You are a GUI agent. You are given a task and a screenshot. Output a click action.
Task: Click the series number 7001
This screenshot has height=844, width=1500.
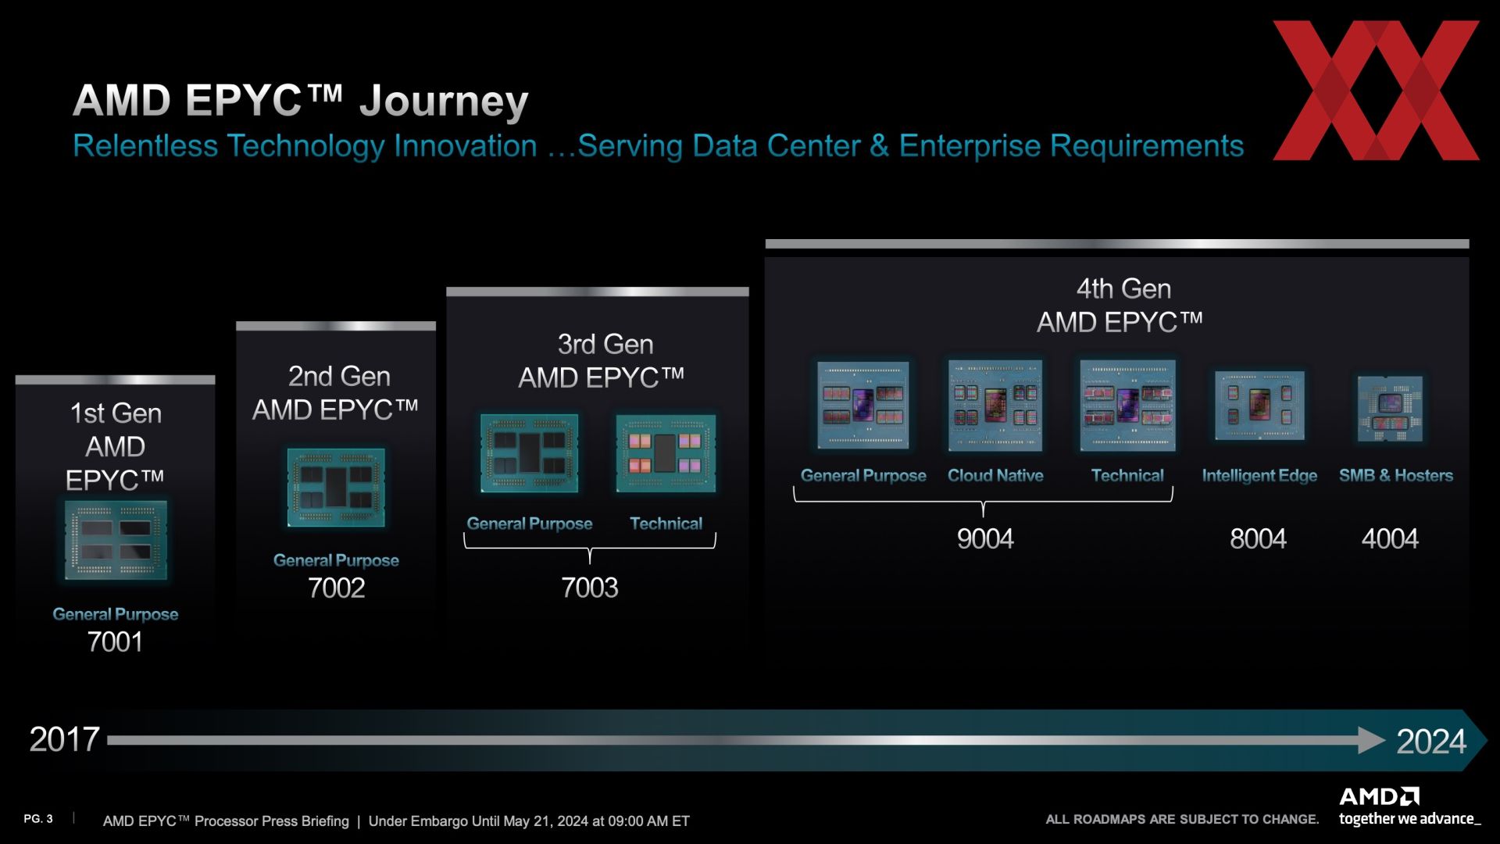tap(115, 642)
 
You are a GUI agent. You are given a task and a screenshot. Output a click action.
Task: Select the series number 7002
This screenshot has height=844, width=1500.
tap(337, 588)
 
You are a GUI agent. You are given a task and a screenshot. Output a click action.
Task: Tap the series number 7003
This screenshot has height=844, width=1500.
tap(590, 588)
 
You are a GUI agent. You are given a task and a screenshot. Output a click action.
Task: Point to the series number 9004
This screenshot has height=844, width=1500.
tap(985, 538)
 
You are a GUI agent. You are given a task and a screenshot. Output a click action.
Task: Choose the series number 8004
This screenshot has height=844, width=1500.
tap(1258, 538)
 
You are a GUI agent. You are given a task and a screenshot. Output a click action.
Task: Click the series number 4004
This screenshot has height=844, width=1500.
tap(1390, 538)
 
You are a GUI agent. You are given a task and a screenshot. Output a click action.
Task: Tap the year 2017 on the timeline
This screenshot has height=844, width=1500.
tap(64, 739)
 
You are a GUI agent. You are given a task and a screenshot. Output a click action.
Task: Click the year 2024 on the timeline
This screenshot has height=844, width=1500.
tap(1431, 741)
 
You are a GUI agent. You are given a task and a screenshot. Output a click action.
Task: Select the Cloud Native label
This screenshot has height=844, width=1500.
tap(995, 475)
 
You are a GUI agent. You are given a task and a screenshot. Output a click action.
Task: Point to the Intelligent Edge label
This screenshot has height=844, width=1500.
tap(1259, 475)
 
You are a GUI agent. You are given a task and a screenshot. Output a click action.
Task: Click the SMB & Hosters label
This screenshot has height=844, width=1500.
tap(1396, 475)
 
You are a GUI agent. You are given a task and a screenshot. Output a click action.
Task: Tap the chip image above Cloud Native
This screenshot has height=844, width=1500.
tap(995, 406)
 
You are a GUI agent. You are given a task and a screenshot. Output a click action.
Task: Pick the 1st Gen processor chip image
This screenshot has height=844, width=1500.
tap(116, 541)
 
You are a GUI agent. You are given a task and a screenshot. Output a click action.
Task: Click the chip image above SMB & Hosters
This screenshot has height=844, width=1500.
tap(1390, 409)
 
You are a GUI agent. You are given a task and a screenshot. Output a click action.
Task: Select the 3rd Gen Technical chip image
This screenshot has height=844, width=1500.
tap(666, 453)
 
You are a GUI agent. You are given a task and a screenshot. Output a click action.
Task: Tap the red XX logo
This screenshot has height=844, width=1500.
tap(1377, 91)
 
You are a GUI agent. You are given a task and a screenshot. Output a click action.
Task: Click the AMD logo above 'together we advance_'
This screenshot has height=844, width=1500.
tap(1380, 797)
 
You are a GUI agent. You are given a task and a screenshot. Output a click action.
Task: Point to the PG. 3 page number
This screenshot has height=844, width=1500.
tap(38, 819)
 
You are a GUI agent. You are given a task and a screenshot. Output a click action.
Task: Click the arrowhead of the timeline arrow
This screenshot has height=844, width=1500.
tap(1372, 740)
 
